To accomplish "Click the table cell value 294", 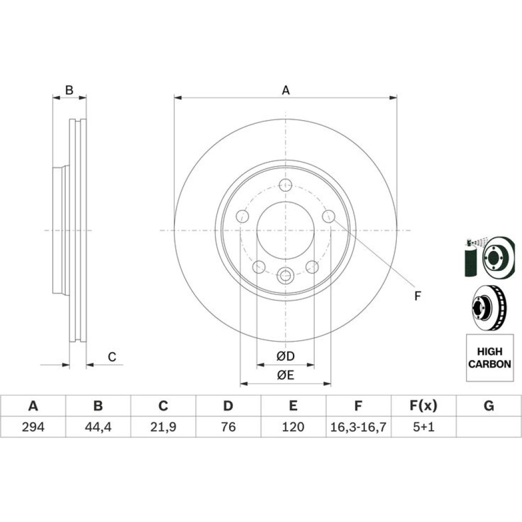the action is coord(33,426).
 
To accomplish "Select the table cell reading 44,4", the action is coord(98,426).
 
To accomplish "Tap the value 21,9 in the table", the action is coord(163,426).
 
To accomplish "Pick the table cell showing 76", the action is coord(229,426).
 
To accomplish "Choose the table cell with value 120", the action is coord(293,426).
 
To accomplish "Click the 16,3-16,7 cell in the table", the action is coord(358,426).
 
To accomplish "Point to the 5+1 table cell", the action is coord(423,426).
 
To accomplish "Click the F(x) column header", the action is coord(423,406).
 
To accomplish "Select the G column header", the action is coord(489,406).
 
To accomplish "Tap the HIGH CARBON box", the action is coord(490,358).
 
